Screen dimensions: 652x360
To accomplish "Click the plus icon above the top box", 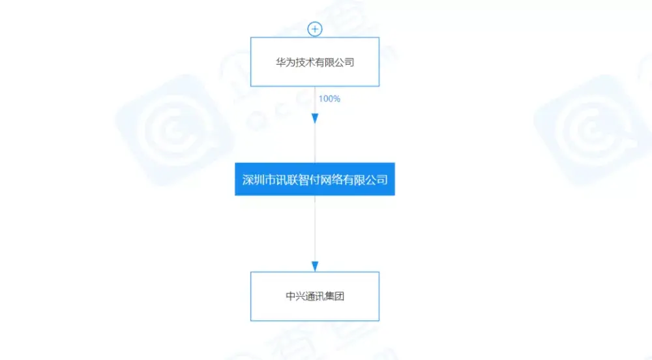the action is [315, 29].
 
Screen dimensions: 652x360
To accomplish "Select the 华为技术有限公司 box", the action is [315, 62].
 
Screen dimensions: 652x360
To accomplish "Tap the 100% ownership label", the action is [329, 99].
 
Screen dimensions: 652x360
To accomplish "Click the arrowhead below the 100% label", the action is [315, 119].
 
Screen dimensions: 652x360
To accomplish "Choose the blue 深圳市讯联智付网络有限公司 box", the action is [315, 179].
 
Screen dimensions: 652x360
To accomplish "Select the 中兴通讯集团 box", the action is [315, 296].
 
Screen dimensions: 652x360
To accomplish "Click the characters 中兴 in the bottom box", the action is [295, 296].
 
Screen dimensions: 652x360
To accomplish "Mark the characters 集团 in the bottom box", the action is [334, 296].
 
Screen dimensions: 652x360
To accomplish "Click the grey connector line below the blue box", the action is [315, 229].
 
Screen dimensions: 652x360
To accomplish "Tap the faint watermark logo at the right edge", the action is [593, 130].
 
